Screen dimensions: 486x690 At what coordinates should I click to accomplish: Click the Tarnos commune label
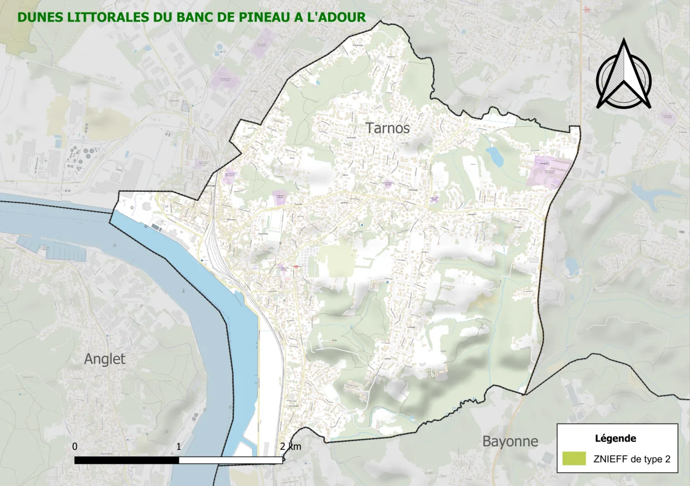(388, 128)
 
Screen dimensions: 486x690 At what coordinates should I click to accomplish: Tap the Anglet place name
(105, 359)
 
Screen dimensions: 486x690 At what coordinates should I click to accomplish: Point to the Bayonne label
(510, 442)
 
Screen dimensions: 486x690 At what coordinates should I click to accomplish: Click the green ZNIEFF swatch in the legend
(574, 459)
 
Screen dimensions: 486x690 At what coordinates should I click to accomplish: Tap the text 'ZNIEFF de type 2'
(632, 459)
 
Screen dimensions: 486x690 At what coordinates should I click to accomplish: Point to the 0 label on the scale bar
(75, 447)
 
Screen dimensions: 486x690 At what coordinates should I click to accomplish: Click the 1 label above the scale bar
(178, 447)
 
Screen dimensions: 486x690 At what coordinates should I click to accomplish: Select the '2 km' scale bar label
(291, 447)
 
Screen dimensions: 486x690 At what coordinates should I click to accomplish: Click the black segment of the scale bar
(127, 460)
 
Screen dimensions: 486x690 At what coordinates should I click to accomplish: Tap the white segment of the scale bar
(231, 460)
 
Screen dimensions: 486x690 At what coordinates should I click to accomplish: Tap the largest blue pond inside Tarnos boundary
(494, 156)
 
